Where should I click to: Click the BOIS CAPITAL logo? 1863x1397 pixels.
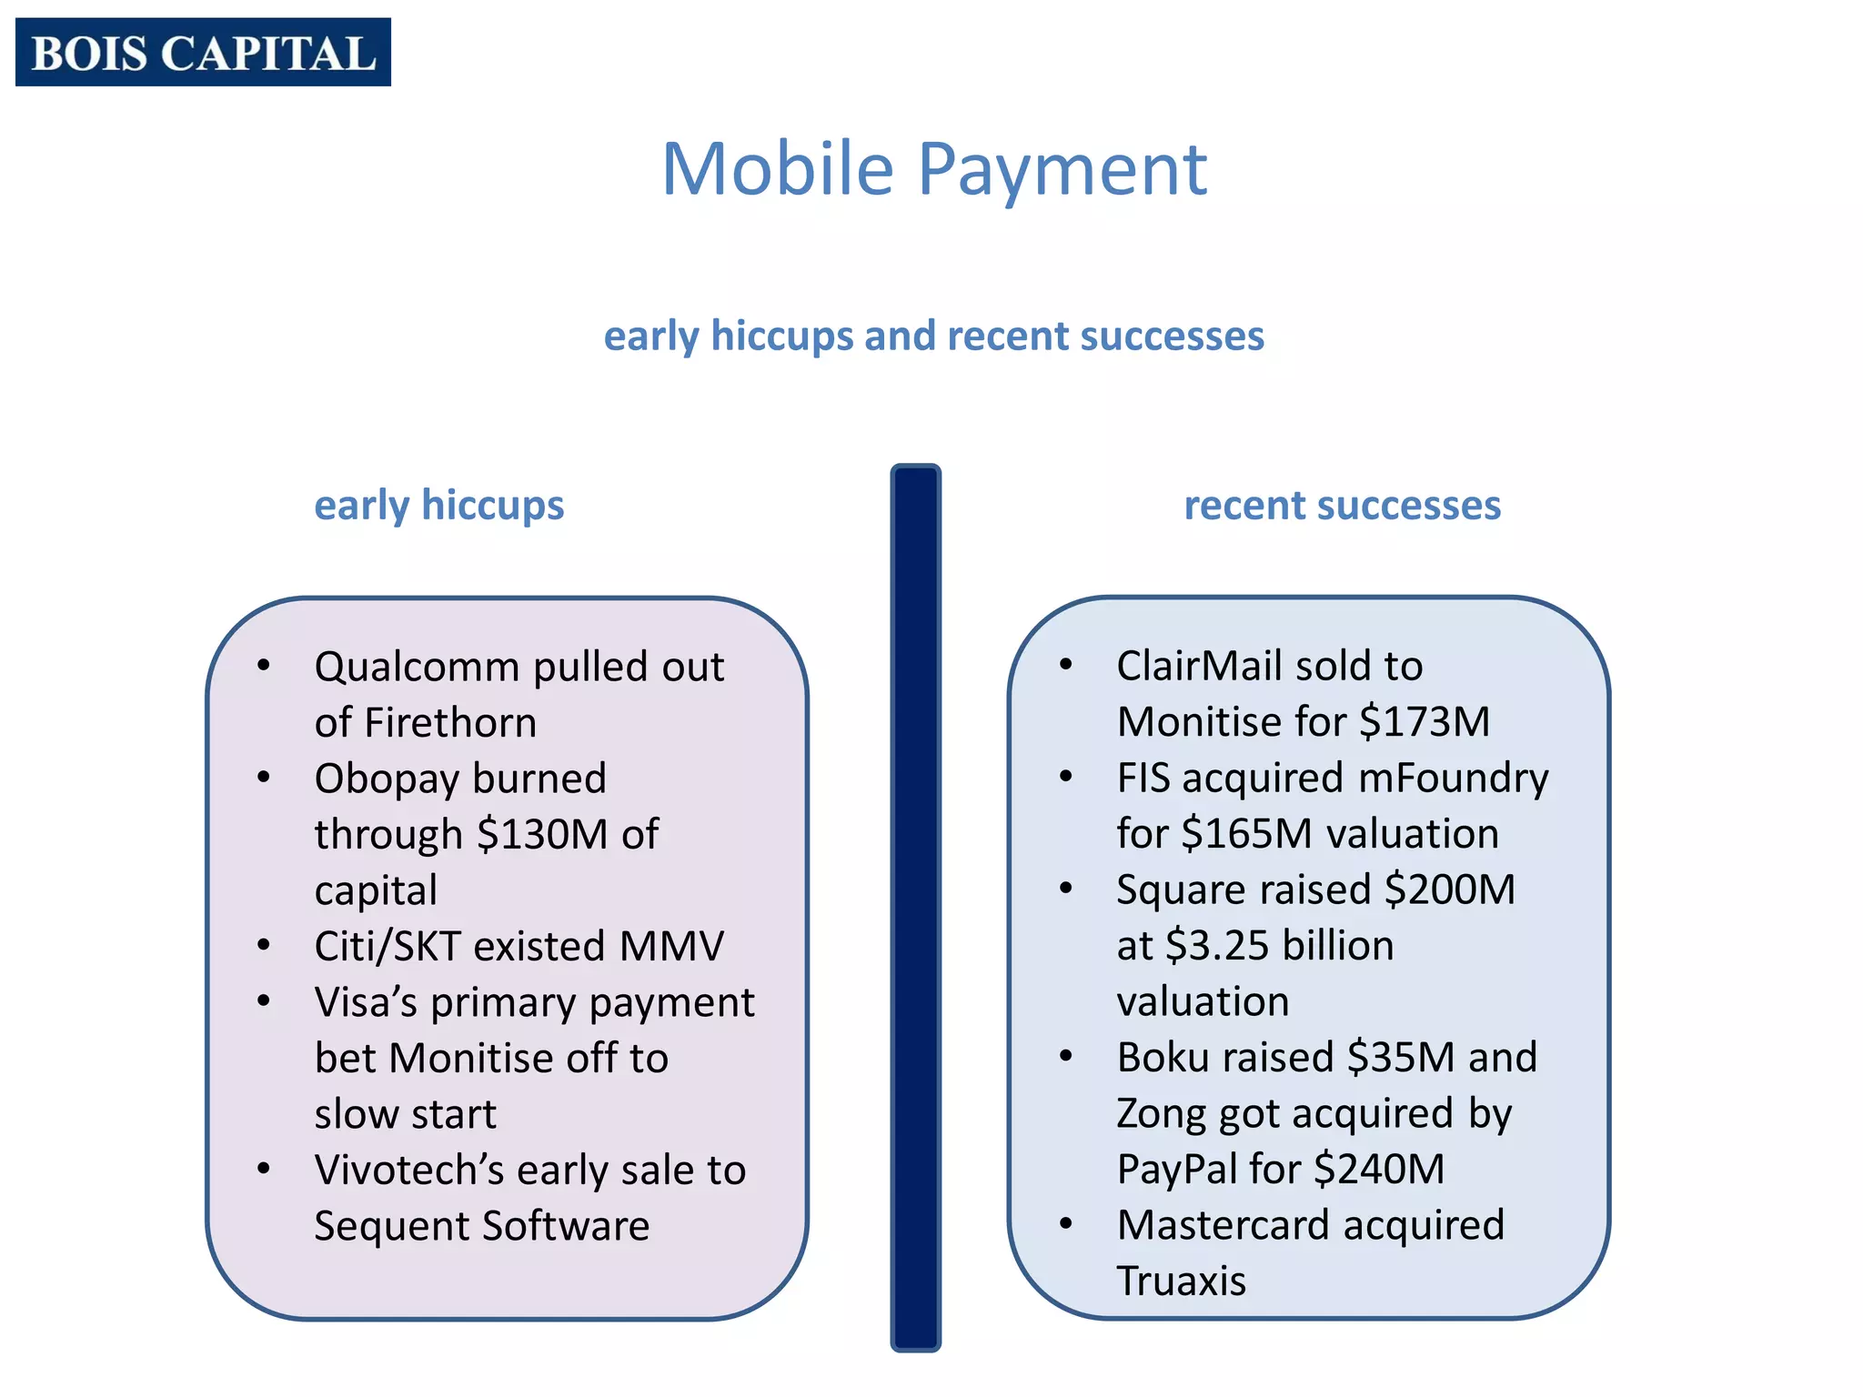click(x=203, y=52)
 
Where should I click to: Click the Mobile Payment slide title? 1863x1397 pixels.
click(x=934, y=169)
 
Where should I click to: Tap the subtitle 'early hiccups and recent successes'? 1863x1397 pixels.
click(x=933, y=336)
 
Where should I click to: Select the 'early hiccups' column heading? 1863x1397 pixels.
click(x=438, y=505)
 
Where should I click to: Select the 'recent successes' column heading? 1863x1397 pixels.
click(x=1342, y=505)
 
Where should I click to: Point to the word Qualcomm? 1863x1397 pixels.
click(x=417, y=668)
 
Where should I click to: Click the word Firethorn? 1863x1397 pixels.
click(x=450, y=723)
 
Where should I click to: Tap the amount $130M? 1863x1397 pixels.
click(x=542, y=834)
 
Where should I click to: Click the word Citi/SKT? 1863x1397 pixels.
click(x=388, y=946)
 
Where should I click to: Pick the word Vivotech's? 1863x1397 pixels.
click(x=408, y=1171)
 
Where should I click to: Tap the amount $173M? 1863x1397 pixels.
click(x=1425, y=722)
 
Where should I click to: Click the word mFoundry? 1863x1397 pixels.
click(x=1453, y=779)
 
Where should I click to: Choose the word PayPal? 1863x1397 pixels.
click(x=1175, y=1170)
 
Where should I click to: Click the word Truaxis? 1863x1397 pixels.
click(x=1181, y=1281)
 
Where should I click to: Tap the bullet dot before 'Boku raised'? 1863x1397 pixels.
click(x=1065, y=1056)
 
